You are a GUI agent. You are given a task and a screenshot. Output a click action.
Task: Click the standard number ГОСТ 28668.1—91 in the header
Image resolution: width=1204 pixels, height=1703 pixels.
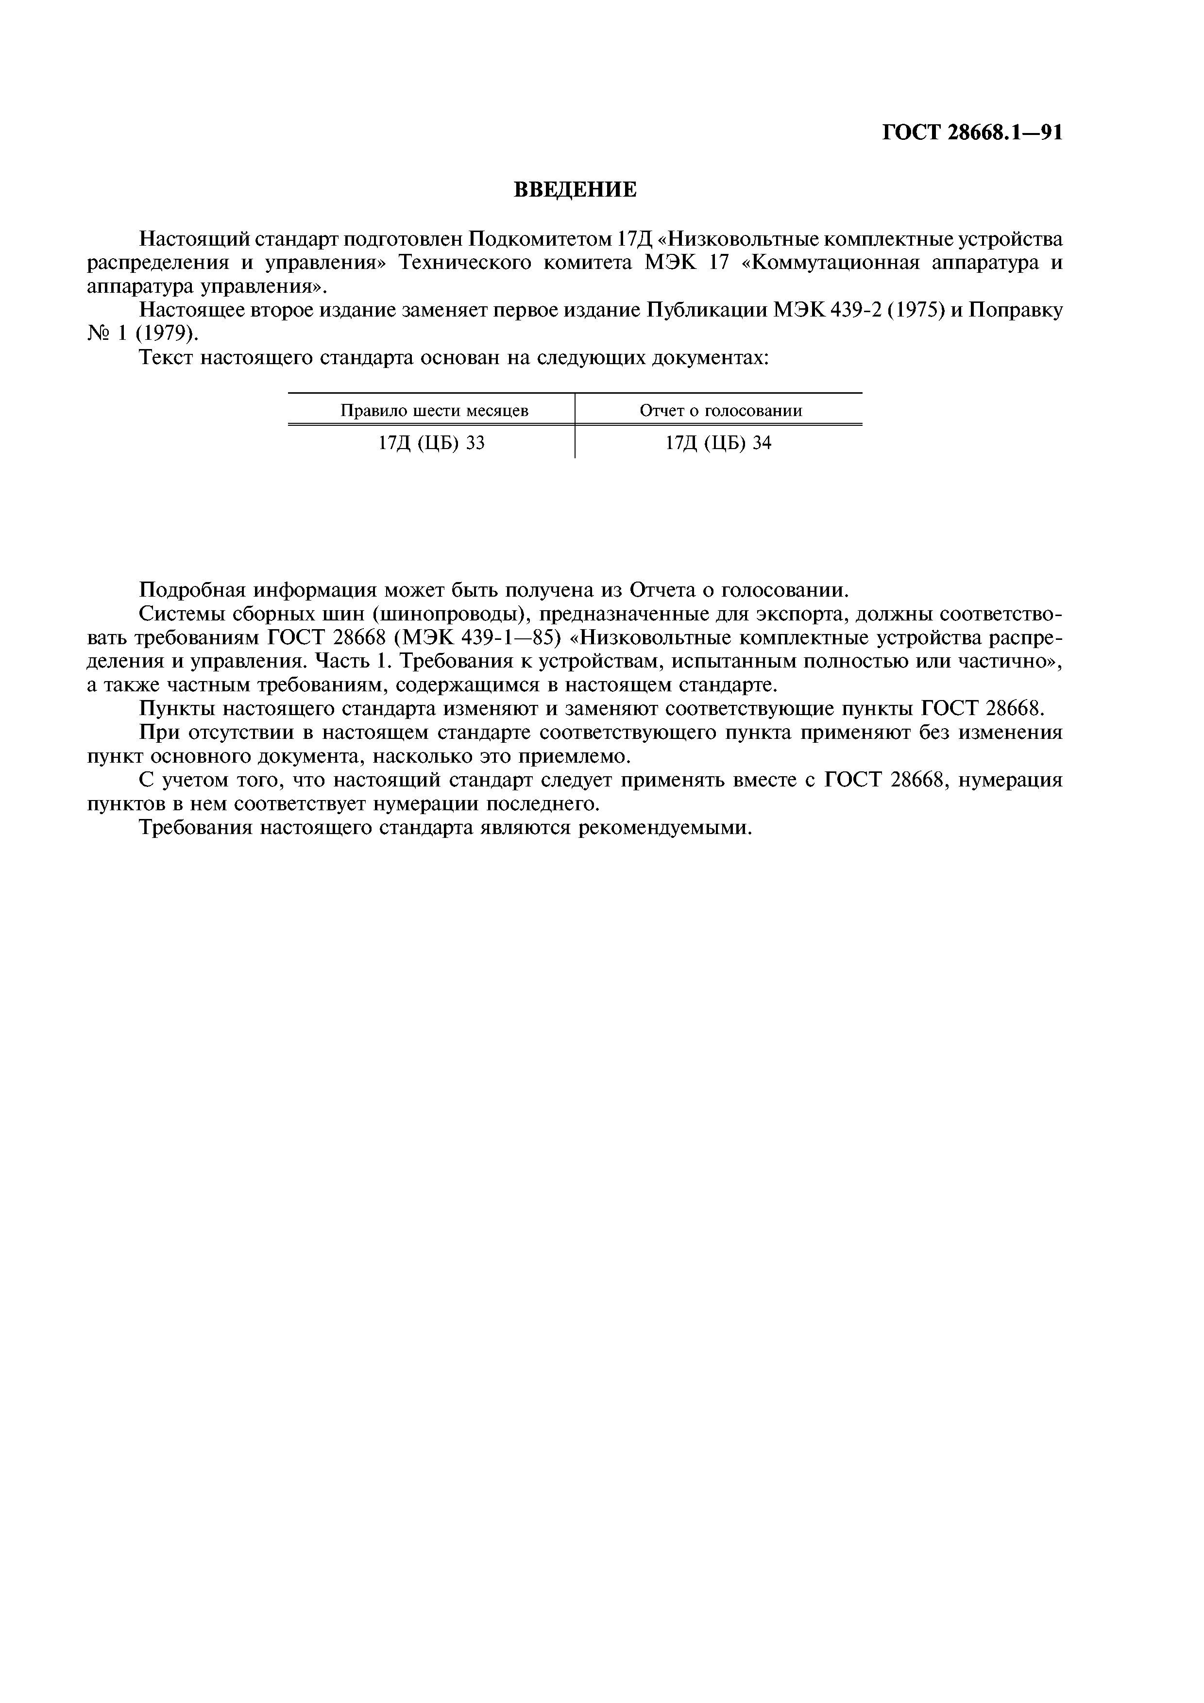point(972,133)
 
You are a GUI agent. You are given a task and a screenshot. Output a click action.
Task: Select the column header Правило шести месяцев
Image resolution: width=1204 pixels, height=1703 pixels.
point(434,410)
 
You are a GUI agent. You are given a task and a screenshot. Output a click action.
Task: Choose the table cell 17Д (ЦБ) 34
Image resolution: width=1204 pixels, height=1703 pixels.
point(718,443)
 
